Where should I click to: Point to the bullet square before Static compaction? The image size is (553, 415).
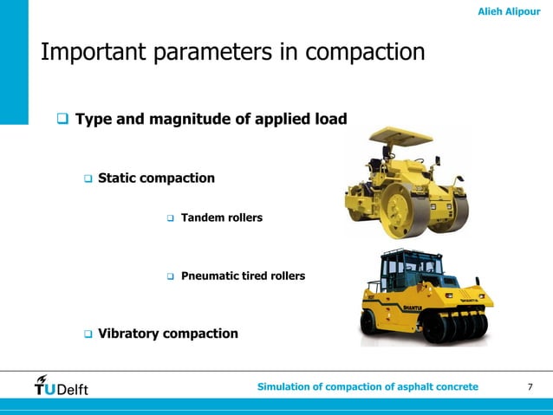click(88, 178)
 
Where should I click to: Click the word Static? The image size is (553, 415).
click(120, 178)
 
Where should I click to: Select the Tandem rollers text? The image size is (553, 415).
click(221, 217)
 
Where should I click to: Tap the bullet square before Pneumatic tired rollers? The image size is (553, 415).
click(171, 276)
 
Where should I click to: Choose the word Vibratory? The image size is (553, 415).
click(129, 334)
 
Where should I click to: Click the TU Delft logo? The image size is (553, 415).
click(61, 386)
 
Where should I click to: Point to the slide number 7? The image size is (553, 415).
click(530, 386)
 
